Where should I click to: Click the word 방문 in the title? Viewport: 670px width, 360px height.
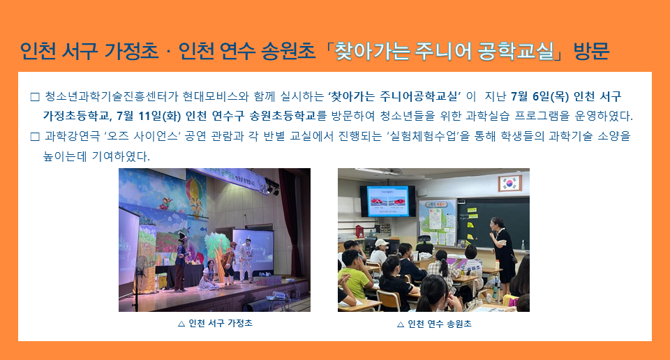(x=591, y=51)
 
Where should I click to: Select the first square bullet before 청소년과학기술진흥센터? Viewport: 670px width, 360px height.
(x=35, y=97)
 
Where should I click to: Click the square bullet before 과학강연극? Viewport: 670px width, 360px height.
(x=35, y=137)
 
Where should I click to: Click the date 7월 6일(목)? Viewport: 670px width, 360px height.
(x=539, y=96)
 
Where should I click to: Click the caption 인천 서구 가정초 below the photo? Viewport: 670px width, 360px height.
(x=221, y=323)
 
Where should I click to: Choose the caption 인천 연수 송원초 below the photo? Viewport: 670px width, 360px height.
(x=440, y=324)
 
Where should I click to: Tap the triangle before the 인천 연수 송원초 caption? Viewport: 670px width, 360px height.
(x=401, y=324)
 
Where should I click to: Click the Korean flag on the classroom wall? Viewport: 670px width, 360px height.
(x=509, y=183)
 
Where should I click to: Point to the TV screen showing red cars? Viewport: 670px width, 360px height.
(x=387, y=201)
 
